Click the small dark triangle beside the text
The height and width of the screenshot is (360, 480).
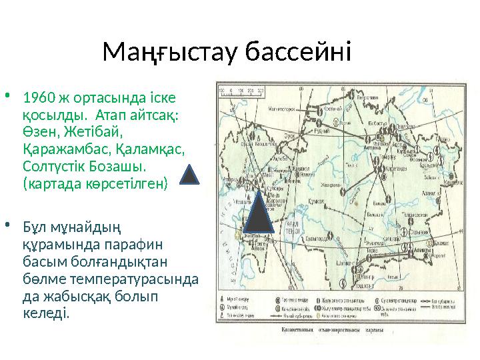click(x=190, y=175)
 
